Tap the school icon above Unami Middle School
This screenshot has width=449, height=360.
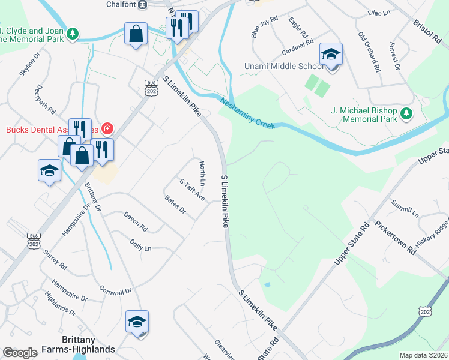[x=331, y=55]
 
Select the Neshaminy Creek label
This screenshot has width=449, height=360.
[x=247, y=113]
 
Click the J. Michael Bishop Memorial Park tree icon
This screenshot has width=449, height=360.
[x=406, y=113]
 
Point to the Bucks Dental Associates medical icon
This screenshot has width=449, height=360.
[x=107, y=128]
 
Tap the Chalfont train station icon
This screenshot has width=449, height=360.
[x=142, y=5]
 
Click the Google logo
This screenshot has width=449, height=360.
[x=20, y=353]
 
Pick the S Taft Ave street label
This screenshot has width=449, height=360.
[x=192, y=189]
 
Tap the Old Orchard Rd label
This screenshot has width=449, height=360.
[x=369, y=52]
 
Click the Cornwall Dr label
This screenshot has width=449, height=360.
[x=115, y=291]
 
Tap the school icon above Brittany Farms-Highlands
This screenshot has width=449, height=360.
[x=137, y=322]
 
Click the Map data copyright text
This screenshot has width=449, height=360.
[x=423, y=355]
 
